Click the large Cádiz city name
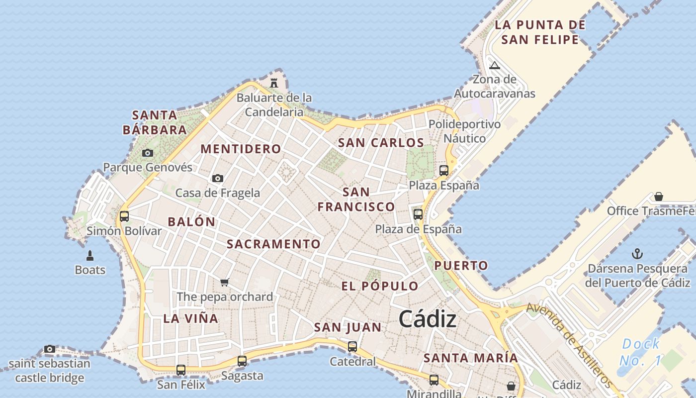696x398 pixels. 428,319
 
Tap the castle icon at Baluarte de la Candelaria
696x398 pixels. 274,83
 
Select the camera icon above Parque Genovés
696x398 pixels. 148,153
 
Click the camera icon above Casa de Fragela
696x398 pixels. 217,178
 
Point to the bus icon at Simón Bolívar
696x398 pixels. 124,216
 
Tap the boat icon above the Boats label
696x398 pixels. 90,256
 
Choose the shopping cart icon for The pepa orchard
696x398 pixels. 225,283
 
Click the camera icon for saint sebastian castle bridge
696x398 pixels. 49,349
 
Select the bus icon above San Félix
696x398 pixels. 181,370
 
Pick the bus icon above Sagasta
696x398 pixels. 242,361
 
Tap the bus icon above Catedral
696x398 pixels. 352,347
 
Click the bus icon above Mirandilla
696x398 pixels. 434,380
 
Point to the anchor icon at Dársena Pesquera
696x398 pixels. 637,254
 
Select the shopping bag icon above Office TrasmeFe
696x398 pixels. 659,197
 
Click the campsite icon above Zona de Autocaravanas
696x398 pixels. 494,65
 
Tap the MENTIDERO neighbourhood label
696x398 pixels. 241,149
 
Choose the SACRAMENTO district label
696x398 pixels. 273,244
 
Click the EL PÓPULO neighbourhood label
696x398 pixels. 380,286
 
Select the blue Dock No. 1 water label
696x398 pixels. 641,352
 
